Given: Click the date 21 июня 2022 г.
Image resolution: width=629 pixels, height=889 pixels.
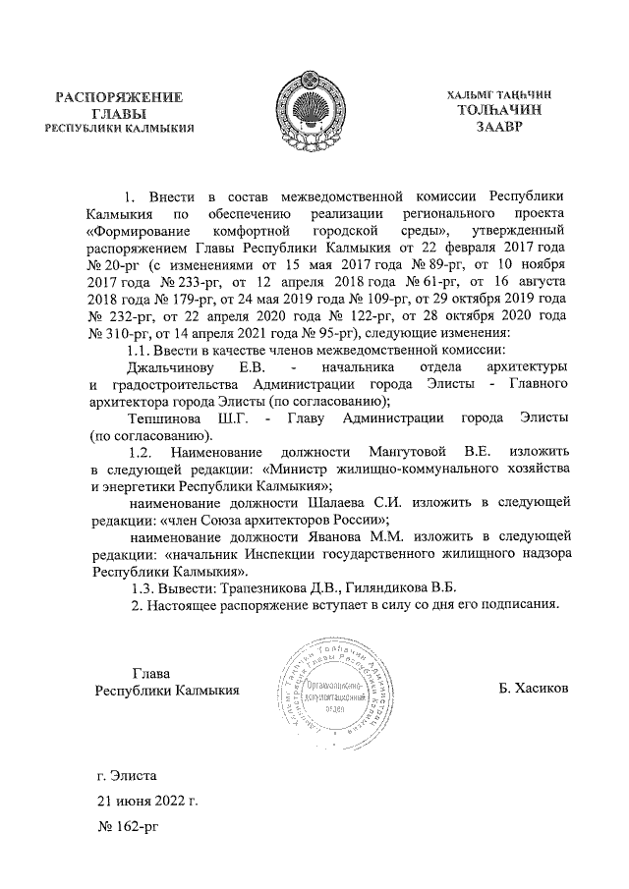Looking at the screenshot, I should click(x=146, y=801).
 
